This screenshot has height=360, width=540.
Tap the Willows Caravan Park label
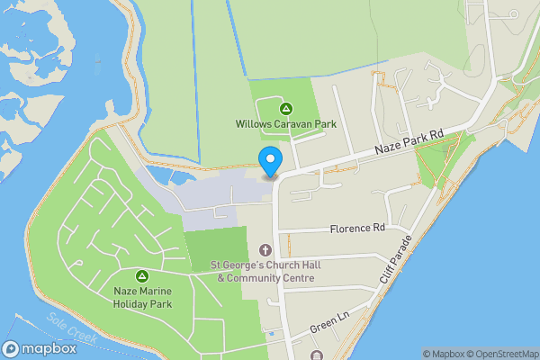coord(285,124)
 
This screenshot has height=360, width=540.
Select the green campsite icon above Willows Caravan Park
coord(285,109)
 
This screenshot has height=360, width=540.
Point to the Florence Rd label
coord(356,229)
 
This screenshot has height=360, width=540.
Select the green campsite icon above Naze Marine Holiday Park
coord(141,275)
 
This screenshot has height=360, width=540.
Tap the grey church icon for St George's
coord(265,249)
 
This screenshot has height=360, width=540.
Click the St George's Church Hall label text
coord(265,265)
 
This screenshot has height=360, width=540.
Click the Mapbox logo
coord(37,348)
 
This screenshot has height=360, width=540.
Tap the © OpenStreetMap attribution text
coord(501,354)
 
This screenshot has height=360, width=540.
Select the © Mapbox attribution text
coord(442,354)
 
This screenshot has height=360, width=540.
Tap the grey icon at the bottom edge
coord(316,355)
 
